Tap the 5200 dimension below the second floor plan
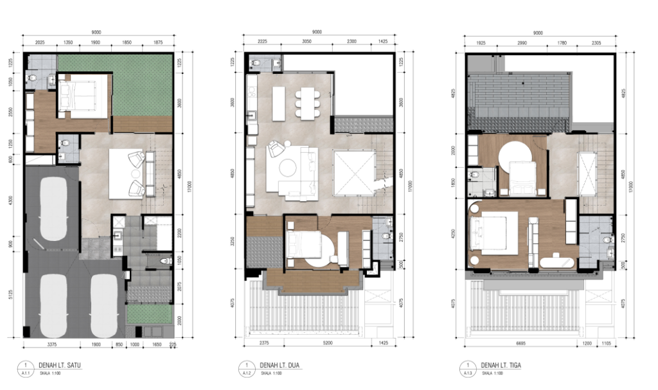tap(315, 344)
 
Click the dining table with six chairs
tap(307, 103)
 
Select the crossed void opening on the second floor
tap(353, 172)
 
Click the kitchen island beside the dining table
tap(278, 103)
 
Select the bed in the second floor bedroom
tap(307, 245)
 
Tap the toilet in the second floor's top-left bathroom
tap(256, 63)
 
